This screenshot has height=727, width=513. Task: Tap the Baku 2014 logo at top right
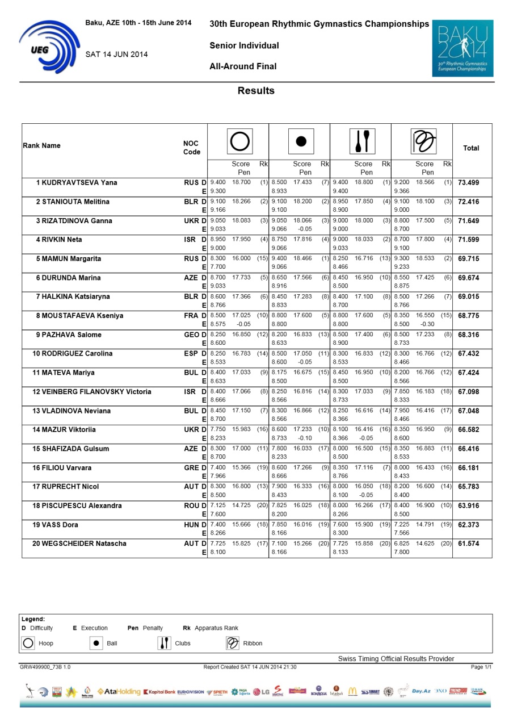pyautogui.click(x=462, y=48)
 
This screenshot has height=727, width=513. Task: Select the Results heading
pyautogui.click(x=256, y=91)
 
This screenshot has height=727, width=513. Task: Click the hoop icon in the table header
pyautogui.click(x=240, y=141)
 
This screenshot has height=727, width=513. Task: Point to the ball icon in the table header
pyautogui.click(x=301, y=141)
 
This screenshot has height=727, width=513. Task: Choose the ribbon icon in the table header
pyautogui.click(x=424, y=141)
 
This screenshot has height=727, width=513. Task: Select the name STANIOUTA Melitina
pyautogui.click(x=73, y=202)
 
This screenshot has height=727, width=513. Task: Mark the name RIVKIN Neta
pyautogui.click(x=59, y=240)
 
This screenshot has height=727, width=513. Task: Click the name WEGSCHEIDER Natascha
pyautogui.click(x=79, y=544)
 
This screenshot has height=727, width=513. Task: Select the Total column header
pyautogui.click(x=471, y=148)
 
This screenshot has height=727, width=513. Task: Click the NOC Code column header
pyautogui.click(x=191, y=148)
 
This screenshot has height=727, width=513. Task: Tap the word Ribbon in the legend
pyautogui.click(x=253, y=644)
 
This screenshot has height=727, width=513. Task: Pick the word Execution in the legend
pyautogui.click(x=94, y=628)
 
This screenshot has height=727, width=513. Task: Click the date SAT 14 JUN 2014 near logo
pyautogui.click(x=116, y=55)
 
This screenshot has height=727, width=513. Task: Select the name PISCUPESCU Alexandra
pyautogui.click(x=77, y=506)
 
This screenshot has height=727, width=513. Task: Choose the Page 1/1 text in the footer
pyautogui.click(x=481, y=667)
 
